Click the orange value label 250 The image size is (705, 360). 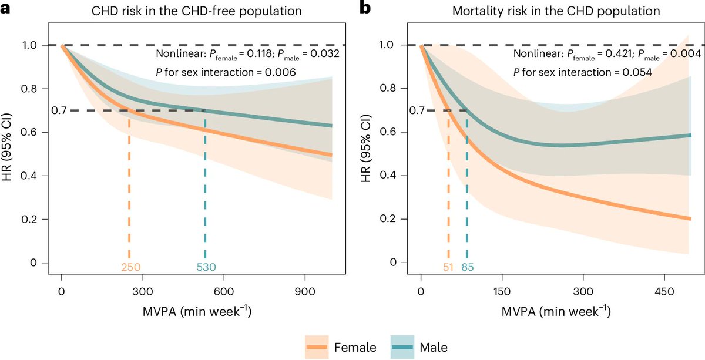130,267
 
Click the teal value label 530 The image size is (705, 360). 206,267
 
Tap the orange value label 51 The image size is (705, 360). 448,267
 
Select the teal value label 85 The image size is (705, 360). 468,267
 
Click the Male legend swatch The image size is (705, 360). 404,346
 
